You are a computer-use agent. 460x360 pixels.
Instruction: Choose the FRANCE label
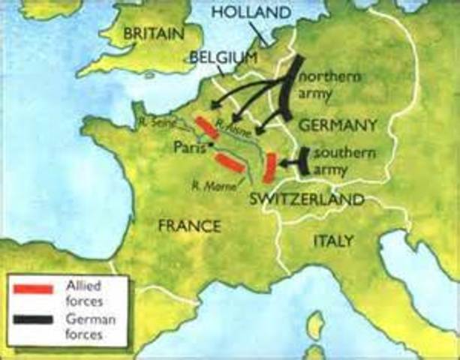click(x=189, y=226)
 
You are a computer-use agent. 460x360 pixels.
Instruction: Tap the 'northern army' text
click(x=330, y=85)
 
